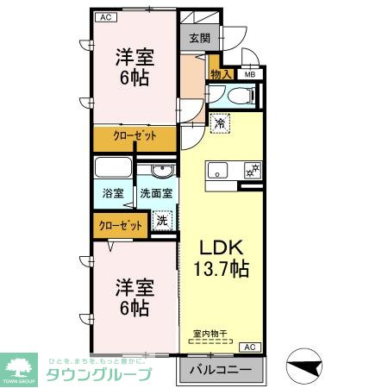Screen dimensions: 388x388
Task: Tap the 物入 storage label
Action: [220, 74]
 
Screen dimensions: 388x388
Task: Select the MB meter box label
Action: [250, 74]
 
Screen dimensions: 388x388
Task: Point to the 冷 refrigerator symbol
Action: [220, 122]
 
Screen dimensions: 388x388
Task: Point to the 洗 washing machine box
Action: [162, 220]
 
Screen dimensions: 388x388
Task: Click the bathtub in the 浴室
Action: [112, 167]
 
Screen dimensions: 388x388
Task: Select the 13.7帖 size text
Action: [220, 269]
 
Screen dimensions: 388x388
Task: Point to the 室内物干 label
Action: [211, 332]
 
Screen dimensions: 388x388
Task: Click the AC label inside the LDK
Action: [250, 347]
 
